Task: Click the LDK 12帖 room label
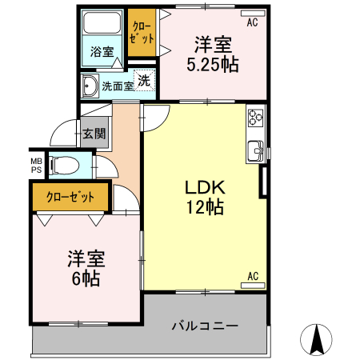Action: (x=204, y=197)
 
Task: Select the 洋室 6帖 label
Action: (x=83, y=269)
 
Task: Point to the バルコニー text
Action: (x=204, y=326)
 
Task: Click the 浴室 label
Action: (x=101, y=52)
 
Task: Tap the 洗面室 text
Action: (x=117, y=86)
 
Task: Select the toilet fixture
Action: (x=64, y=165)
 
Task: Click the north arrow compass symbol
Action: (x=318, y=339)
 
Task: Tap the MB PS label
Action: (x=37, y=165)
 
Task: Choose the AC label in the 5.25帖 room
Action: (x=252, y=22)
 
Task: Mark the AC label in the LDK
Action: (x=252, y=277)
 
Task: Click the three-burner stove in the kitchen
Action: (x=255, y=118)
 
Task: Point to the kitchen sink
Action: (x=256, y=148)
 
